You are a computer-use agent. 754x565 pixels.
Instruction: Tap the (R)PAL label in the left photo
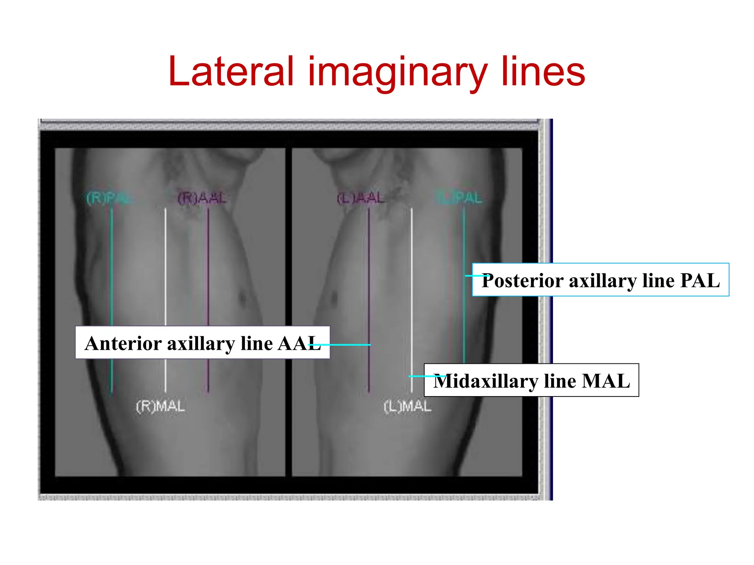(108, 198)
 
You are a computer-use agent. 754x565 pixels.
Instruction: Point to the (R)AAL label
(202, 198)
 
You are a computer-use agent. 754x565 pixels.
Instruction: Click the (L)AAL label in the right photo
(361, 198)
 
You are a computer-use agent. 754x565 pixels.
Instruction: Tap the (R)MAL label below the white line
(161, 407)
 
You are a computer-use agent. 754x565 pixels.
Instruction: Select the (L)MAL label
(407, 407)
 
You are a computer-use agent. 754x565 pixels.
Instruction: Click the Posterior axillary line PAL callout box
(600, 280)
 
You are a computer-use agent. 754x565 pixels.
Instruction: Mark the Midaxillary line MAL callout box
(531, 380)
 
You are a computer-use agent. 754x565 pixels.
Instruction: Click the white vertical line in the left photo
(165, 265)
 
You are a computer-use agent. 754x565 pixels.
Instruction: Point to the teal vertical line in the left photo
(112, 265)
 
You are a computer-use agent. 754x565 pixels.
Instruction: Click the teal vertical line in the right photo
(464, 239)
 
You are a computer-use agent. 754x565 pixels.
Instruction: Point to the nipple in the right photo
(334, 296)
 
